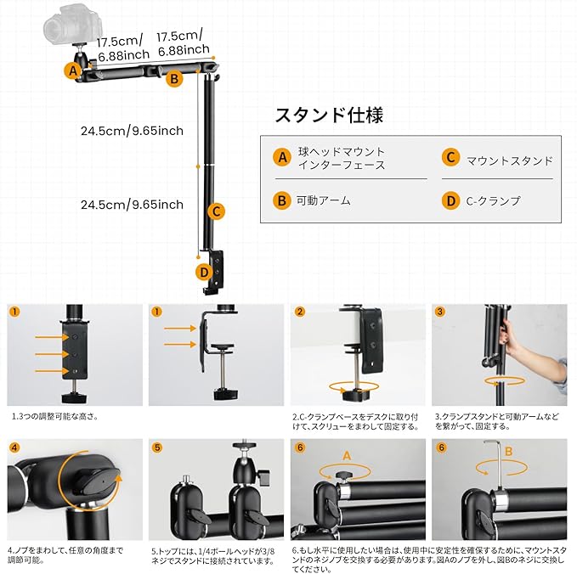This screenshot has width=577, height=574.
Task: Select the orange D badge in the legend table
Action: [450, 201]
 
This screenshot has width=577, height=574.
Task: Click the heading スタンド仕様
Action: [323, 115]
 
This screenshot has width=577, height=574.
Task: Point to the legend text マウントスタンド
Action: [510, 159]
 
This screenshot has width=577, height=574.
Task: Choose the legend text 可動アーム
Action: [323, 201]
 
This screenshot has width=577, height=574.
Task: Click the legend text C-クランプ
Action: [494, 201]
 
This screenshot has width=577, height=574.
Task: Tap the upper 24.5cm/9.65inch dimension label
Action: [132, 131]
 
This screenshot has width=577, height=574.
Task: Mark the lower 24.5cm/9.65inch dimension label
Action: [132, 205]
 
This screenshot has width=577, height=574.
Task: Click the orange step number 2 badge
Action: [299, 312]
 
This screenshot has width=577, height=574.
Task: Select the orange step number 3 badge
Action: [440, 312]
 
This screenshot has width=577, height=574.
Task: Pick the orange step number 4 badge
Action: [14, 447]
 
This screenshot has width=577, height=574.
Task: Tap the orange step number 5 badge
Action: [156, 447]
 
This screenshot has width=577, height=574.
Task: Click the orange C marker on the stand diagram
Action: [217, 211]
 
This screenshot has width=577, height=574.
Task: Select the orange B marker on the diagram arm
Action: [173, 79]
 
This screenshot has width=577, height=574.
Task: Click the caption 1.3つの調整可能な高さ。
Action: [54, 417]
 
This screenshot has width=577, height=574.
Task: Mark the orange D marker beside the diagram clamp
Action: [202, 272]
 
